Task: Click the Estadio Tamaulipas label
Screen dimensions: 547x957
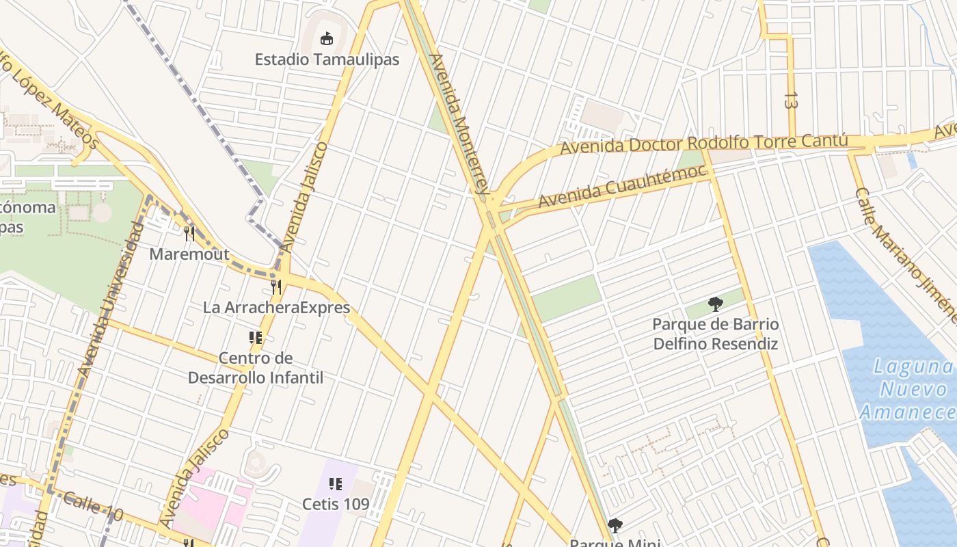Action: (x=327, y=59)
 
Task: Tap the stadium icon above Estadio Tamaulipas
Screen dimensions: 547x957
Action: (x=327, y=38)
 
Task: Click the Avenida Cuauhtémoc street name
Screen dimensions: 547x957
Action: (x=621, y=186)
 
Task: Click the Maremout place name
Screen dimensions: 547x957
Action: (x=189, y=254)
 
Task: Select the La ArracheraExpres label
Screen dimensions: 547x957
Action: (x=276, y=308)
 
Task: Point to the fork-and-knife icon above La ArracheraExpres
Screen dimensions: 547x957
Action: (x=276, y=287)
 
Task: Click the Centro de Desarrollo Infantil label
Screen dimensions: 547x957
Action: (x=256, y=368)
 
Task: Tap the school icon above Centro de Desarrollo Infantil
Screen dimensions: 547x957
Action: (x=256, y=338)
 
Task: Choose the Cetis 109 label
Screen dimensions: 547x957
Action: (x=336, y=505)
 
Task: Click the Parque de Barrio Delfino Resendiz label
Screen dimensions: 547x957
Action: (x=716, y=334)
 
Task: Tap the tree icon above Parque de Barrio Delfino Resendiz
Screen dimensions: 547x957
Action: (x=716, y=304)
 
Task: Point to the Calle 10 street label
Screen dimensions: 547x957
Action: (x=93, y=507)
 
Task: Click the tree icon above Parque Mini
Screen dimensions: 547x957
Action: (x=615, y=525)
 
